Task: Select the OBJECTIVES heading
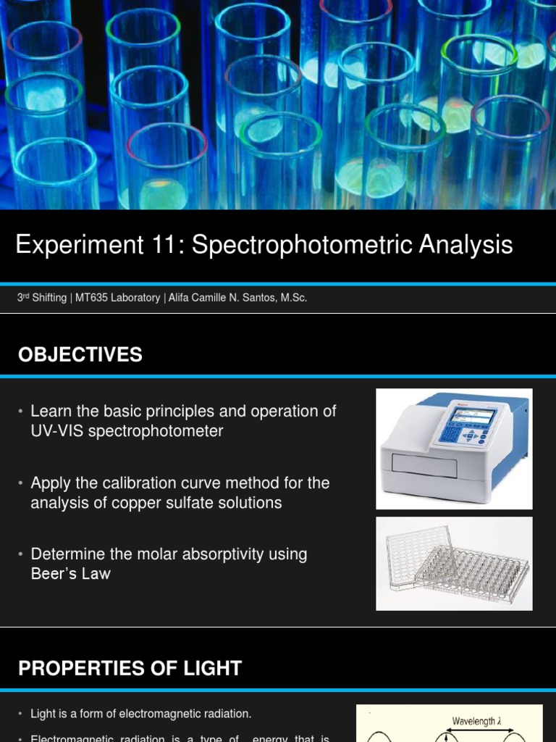pos(80,354)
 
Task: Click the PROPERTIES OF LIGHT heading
pos(130,668)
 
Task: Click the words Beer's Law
pos(71,574)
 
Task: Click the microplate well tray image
pos(454,563)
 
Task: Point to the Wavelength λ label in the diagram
pos(477,721)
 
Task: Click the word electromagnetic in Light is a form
pos(159,714)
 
